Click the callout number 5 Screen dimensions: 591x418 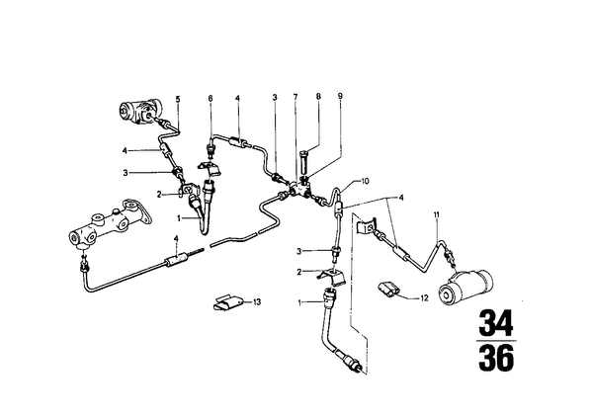point(178,100)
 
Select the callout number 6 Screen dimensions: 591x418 point(211,99)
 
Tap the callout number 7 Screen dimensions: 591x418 point(295,97)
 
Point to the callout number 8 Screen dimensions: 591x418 point(318,97)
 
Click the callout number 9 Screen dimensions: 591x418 point(340,97)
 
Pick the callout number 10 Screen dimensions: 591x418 point(365,181)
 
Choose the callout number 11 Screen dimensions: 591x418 point(437,215)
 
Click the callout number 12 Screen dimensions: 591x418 point(424,298)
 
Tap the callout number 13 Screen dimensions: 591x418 point(257,302)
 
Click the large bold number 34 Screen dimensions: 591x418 point(496,323)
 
